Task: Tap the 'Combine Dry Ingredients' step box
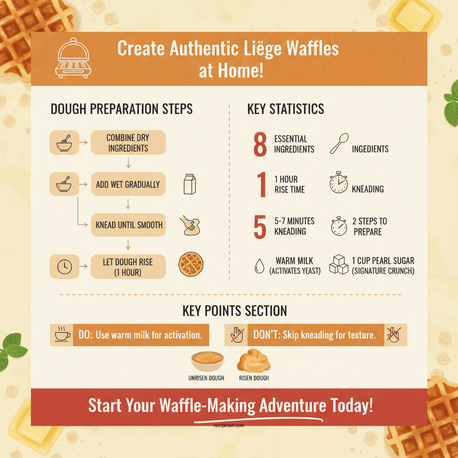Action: [x=128, y=143]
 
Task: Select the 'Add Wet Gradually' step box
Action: [x=128, y=184]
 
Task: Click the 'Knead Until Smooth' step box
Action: [x=128, y=225]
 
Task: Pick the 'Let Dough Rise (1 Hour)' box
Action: [x=128, y=267]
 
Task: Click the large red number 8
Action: [x=260, y=144]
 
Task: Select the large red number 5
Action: [x=260, y=227]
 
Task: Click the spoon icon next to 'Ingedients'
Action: [x=339, y=144]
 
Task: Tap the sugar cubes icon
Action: [x=339, y=265]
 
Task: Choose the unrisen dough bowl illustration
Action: [x=207, y=361]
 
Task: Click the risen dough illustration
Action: [x=254, y=361]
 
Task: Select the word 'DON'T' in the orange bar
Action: [x=267, y=335]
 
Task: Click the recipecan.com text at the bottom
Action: [x=229, y=426]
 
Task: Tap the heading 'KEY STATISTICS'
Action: [x=286, y=109]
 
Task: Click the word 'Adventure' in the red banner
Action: [x=293, y=406]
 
